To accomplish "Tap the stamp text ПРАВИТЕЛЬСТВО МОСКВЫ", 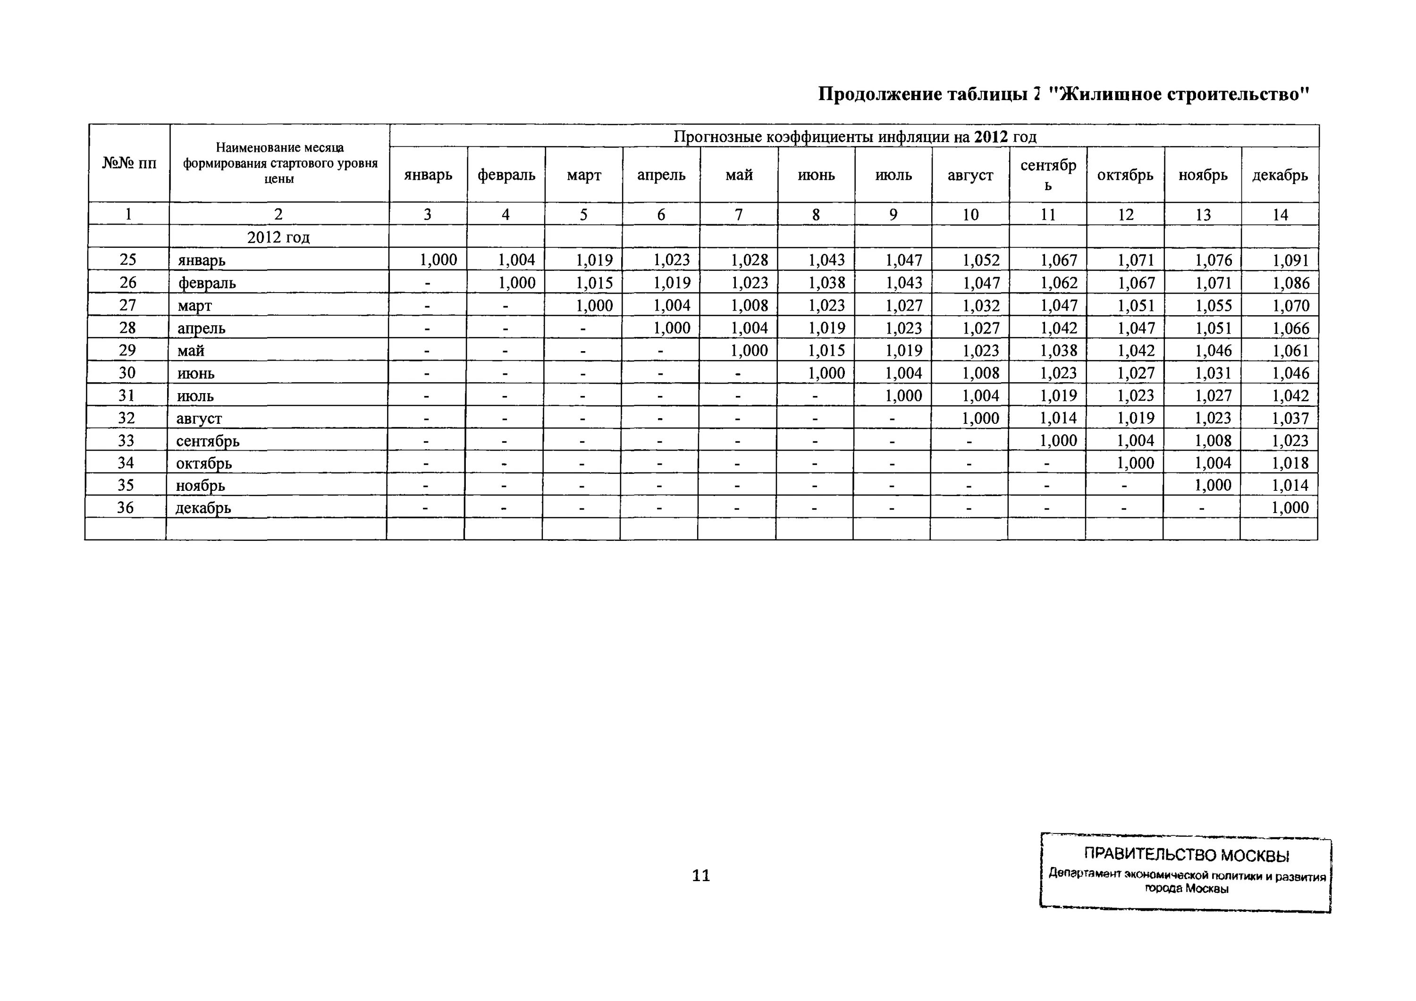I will (1186, 855).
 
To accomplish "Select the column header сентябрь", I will (1048, 175).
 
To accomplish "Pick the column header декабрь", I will (1280, 175).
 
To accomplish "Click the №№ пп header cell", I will (129, 163).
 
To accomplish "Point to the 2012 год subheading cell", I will (278, 237).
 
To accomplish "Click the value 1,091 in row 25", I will (1290, 260).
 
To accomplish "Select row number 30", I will (127, 372).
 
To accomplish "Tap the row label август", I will (199, 418).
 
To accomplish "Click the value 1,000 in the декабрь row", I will (1290, 508).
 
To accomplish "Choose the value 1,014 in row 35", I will (1290, 485).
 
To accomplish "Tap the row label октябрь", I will (203, 463).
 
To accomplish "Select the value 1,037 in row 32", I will (1290, 418).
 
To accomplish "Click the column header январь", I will (428, 175).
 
